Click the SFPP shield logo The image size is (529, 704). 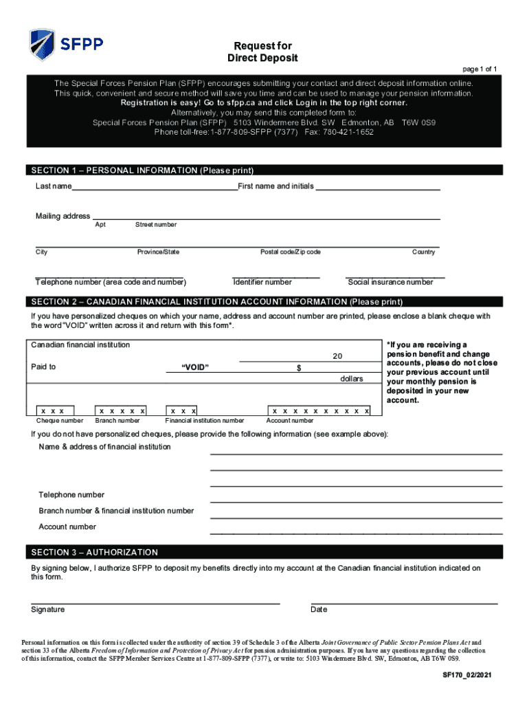(43, 45)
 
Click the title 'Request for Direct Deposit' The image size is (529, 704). (262, 52)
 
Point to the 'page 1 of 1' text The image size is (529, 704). (480, 69)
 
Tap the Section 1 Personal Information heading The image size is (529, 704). (142, 170)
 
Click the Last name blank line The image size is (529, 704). (155, 188)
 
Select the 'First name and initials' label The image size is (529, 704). (275, 186)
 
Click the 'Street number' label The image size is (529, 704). (156, 225)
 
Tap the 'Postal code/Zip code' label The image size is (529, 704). (290, 252)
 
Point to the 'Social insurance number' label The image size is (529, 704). (390, 282)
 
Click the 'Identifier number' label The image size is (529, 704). (262, 282)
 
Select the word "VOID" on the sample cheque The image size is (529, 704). (195, 367)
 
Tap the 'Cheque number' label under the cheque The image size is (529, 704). (60, 421)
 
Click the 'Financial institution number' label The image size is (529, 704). (205, 421)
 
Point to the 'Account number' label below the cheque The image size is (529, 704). (290, 421)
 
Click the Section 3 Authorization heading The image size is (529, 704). (94, 552)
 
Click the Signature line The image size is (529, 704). (155, 602)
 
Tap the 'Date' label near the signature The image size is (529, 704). (319, 610)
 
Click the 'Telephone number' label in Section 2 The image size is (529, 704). (71, 495)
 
